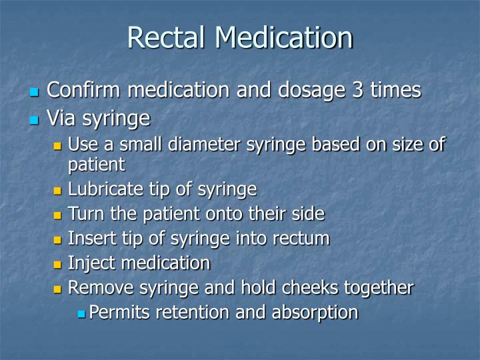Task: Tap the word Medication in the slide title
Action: [283, 37]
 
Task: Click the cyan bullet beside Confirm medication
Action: [35, 91]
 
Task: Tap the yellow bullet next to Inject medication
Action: [57, 264]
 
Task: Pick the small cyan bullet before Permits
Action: [81, 313]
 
